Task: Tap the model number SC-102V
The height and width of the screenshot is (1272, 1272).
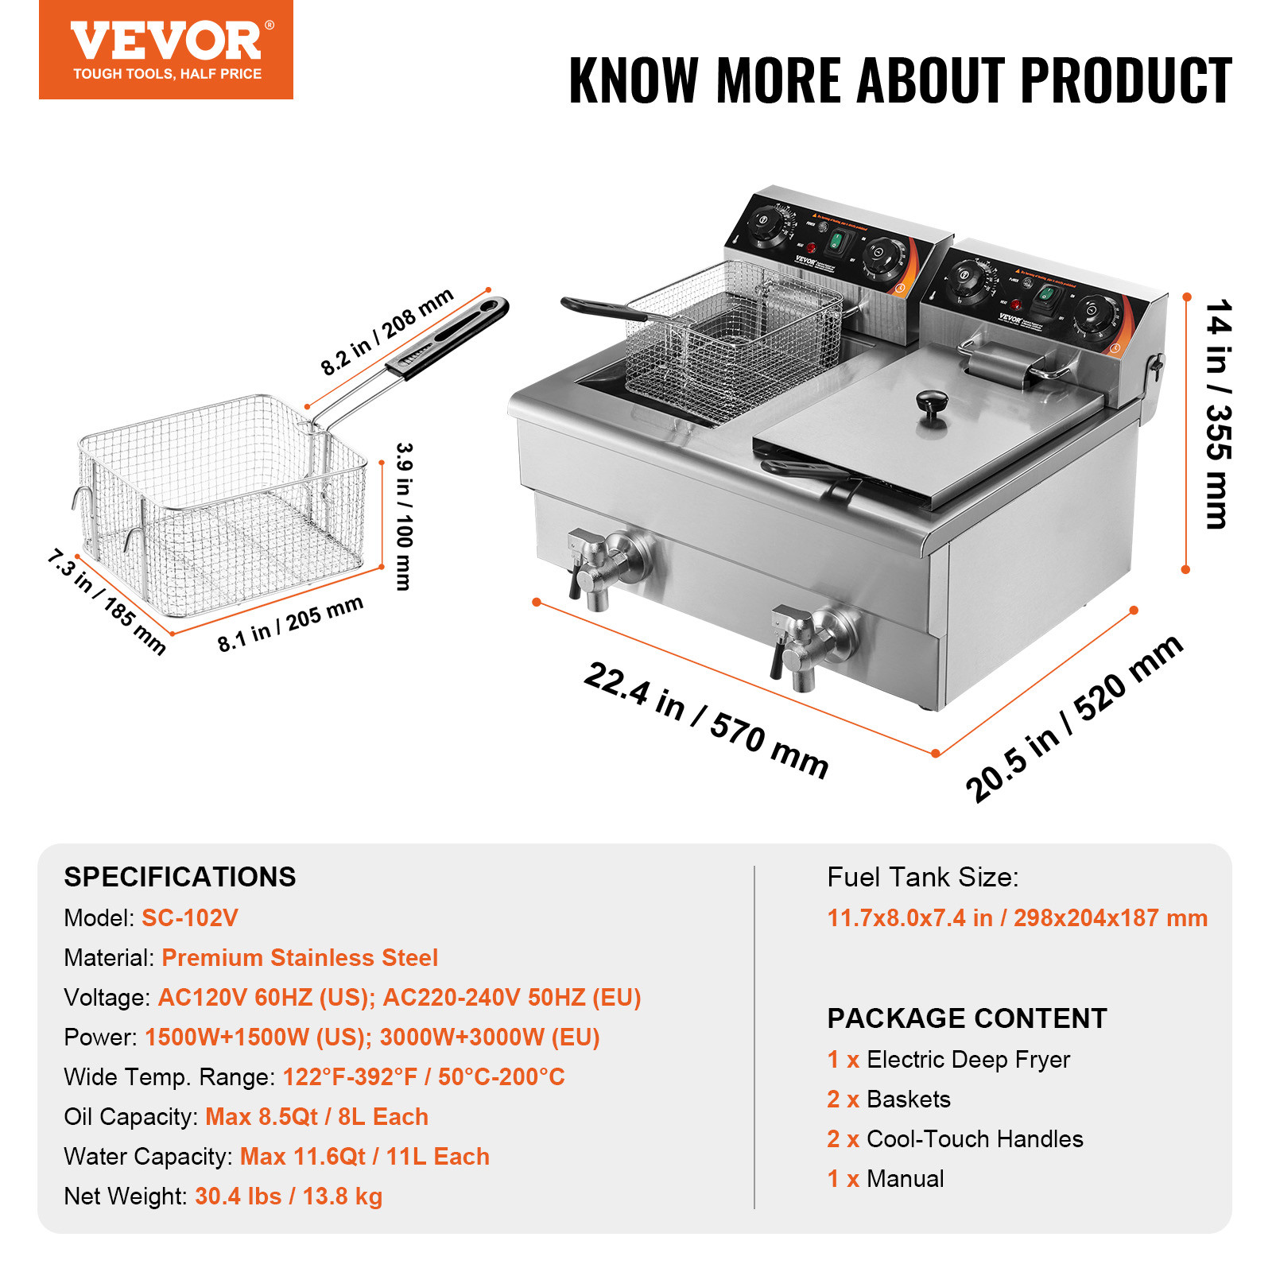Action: pyautogui.click(x=189, y=918)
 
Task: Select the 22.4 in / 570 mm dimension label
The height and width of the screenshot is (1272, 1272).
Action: pyautogui.click(x=706, y=719)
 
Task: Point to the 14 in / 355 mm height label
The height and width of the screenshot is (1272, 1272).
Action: pyautogui.click(x=1217, y=413)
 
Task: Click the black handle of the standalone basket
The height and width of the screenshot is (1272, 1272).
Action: pyautogui.click(x=449, y=337)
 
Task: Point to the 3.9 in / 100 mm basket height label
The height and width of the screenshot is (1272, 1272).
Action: pyautogui.click(x=404, y=517)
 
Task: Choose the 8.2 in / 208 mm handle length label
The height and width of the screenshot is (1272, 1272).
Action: pyautogui.click(x=387, y=332)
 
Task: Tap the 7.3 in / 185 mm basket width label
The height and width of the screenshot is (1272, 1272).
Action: pyautogui.click(x=107, y=602)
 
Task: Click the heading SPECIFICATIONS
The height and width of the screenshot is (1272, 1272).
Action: pyautogui.click(x=180, y=877)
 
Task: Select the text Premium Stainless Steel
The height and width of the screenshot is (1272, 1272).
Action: pyautogui.click(x=300, y=958)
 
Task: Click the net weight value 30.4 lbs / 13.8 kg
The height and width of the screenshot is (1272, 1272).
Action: pyautogui.click(x=289, y=1196)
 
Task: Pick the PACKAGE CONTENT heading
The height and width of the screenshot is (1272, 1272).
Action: pyautogui.click(x=967, y=1018)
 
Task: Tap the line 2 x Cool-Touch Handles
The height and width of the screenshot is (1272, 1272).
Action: pyautogui.click(x=955, y=1139)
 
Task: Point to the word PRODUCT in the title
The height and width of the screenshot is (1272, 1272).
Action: pyautogui.click(x=1126, y=81)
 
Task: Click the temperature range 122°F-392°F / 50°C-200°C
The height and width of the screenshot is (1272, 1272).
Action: pyautogui.click(x=424, y=1077)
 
